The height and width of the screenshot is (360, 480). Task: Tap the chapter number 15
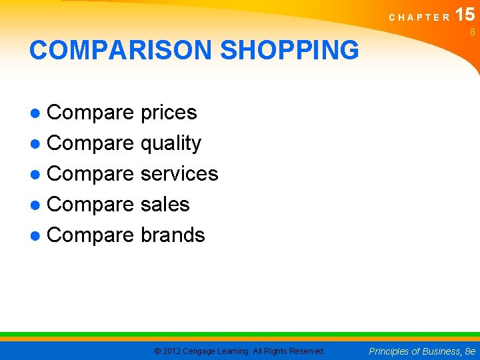pyautogui.click(x=465, y=15)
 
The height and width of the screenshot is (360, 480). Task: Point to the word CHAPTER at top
pyautogui.click(x=419, y=17)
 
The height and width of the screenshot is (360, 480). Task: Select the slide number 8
pyautogui.click(x=472, y=32)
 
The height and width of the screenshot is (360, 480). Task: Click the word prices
pyautogui.click(x=169, y=113)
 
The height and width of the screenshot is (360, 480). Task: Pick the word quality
pyautogui.click(x=171, y=143)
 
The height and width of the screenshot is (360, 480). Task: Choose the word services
pyautogui.click(x=179, y=173)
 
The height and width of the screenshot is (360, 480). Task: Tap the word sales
pyautogui.click(x=165, y=204)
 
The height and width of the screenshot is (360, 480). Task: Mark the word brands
pyautogui.click(x=173, y=235)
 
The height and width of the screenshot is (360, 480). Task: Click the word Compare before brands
pyautogui.click(x=91, y=235)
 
